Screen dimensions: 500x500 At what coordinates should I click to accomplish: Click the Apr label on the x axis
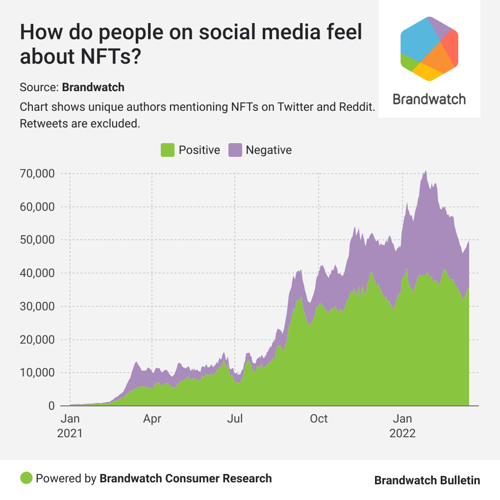(152, 419)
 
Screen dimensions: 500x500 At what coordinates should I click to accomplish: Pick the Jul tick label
(235, 419)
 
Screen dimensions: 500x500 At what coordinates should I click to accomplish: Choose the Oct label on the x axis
(319, 419)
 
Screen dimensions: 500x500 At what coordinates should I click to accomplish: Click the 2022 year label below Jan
(402, 434)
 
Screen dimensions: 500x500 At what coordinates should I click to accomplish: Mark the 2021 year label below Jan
(70, 434)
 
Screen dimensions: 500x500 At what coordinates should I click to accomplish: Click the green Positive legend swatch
(168, 150)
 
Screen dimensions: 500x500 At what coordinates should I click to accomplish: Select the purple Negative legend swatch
(235, 150)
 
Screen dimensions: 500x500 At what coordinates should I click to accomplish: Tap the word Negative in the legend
(269, 150)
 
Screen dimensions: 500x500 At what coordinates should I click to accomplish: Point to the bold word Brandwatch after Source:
(93, 88)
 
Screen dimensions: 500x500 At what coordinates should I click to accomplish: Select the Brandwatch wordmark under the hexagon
(429, 99)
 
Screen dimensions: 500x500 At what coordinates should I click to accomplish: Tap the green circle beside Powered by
(26, 478)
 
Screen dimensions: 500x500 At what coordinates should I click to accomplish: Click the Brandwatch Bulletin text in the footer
(427, 480)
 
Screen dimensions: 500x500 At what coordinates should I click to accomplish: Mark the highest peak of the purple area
(425, 171)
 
